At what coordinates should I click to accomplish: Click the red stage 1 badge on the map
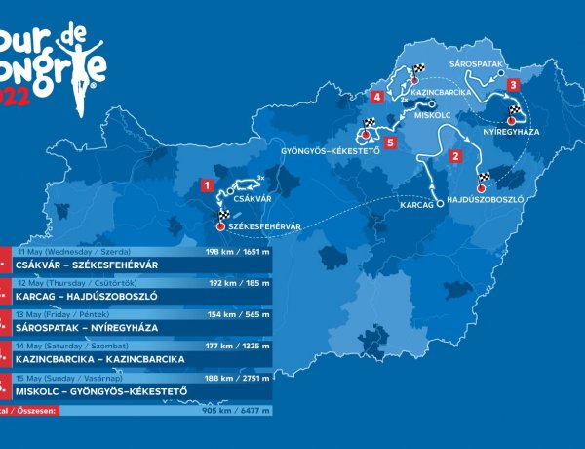click(x=206, y=183)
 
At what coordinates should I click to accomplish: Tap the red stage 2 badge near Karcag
click(x=453, y=155)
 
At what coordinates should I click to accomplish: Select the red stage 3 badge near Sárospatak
click(x=512, y=85)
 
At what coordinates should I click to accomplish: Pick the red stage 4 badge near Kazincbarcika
click(x=376, y=97)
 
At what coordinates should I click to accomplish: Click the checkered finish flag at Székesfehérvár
click(x=224, y=215)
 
